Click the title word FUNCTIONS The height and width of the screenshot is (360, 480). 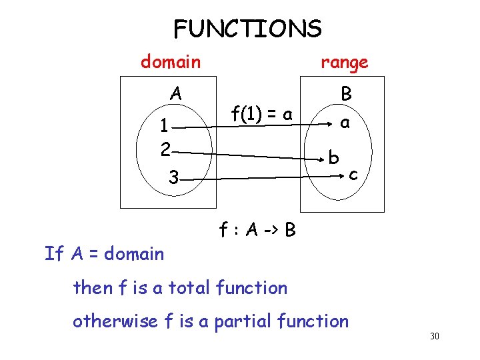(x=247, y=29)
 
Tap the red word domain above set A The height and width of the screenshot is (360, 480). (x=170, y=62)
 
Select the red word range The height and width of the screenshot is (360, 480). (x=344, y=63)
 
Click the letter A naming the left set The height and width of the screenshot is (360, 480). (x=175, y=93)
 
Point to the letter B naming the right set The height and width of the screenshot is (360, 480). (x=346, y=94)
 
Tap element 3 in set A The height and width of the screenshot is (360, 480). (x=173, y=178)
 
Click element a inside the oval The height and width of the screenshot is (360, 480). (x=344, y=123)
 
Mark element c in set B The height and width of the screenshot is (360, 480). (x=353, y=175)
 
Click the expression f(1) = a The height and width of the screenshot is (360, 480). (x=261, y=115)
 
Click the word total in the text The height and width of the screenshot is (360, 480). (x=191, y=288)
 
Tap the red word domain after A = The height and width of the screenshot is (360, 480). (x=133, y=253)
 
